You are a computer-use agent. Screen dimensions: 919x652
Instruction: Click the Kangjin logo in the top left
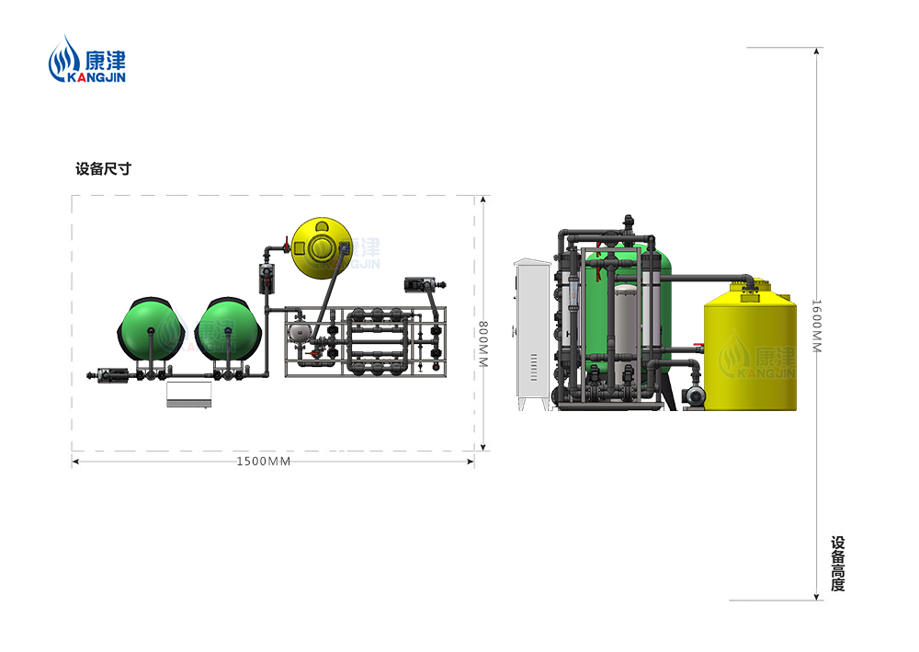(x=86, y=59)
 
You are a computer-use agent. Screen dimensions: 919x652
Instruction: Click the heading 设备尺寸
(x=103, y=169)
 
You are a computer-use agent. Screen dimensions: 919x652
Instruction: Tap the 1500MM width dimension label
(x=263, y=462)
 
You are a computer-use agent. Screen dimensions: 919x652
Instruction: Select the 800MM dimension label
(x=483, y=344)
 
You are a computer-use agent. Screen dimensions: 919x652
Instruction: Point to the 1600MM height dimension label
(x=816, y=326)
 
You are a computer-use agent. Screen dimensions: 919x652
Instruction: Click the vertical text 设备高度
(x=838, y=564)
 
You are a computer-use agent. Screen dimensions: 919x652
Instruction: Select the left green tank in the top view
(x=152, y=331)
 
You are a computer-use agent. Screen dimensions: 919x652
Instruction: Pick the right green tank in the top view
(x=227, y=331)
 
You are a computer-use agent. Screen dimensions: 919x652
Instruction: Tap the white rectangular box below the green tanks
(x=188, y=394)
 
